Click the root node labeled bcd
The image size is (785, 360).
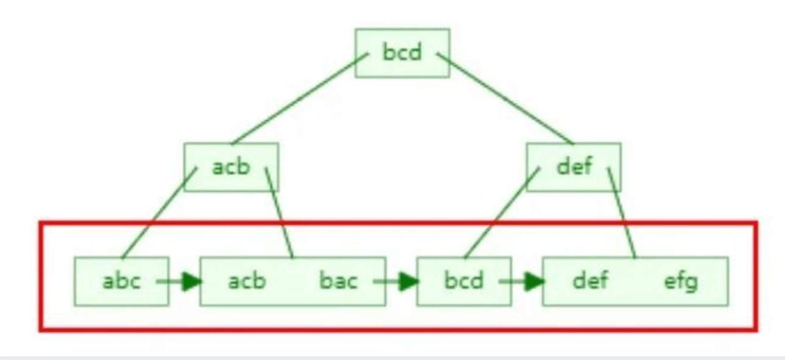click(x=402, y=53)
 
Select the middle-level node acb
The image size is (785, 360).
click(x=231, y=167)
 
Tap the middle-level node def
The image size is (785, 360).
click(x=574, y=167)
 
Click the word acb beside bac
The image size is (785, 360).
click(x=247, y=281)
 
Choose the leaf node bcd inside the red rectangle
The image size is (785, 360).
click(x=463, y=281)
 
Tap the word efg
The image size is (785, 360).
click(x=681, y=281)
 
